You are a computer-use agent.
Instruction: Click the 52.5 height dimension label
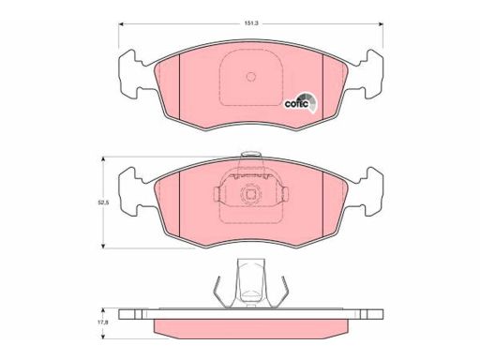103,202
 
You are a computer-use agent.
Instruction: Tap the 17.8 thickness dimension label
104,323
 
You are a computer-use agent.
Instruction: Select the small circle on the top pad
251,76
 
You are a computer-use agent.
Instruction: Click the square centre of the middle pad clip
250,194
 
